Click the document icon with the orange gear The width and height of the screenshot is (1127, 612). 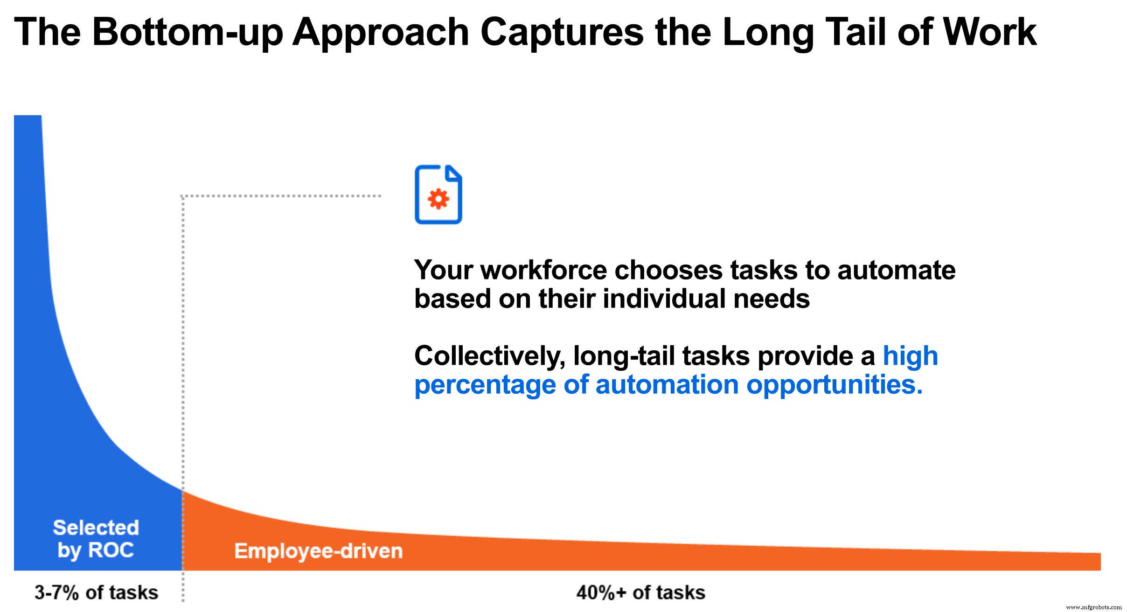(x=438, y=195)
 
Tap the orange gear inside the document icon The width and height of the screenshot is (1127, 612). (x=438, y=199)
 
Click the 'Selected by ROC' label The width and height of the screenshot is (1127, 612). (x=96, y=539)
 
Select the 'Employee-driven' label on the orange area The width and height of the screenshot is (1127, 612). (x=319, y=551)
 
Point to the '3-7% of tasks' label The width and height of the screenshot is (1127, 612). (x=97, y=592)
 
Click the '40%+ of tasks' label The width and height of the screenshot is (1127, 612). (x=640, y=592)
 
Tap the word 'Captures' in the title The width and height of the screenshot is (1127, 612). (x=562, y=32)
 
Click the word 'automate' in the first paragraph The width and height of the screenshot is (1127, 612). (x=896, y=270)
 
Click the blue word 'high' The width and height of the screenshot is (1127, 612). (x=910, y=356)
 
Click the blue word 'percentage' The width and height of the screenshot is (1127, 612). (x=485, y=386)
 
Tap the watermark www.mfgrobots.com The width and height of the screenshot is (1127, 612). (x=1093, y=607)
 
